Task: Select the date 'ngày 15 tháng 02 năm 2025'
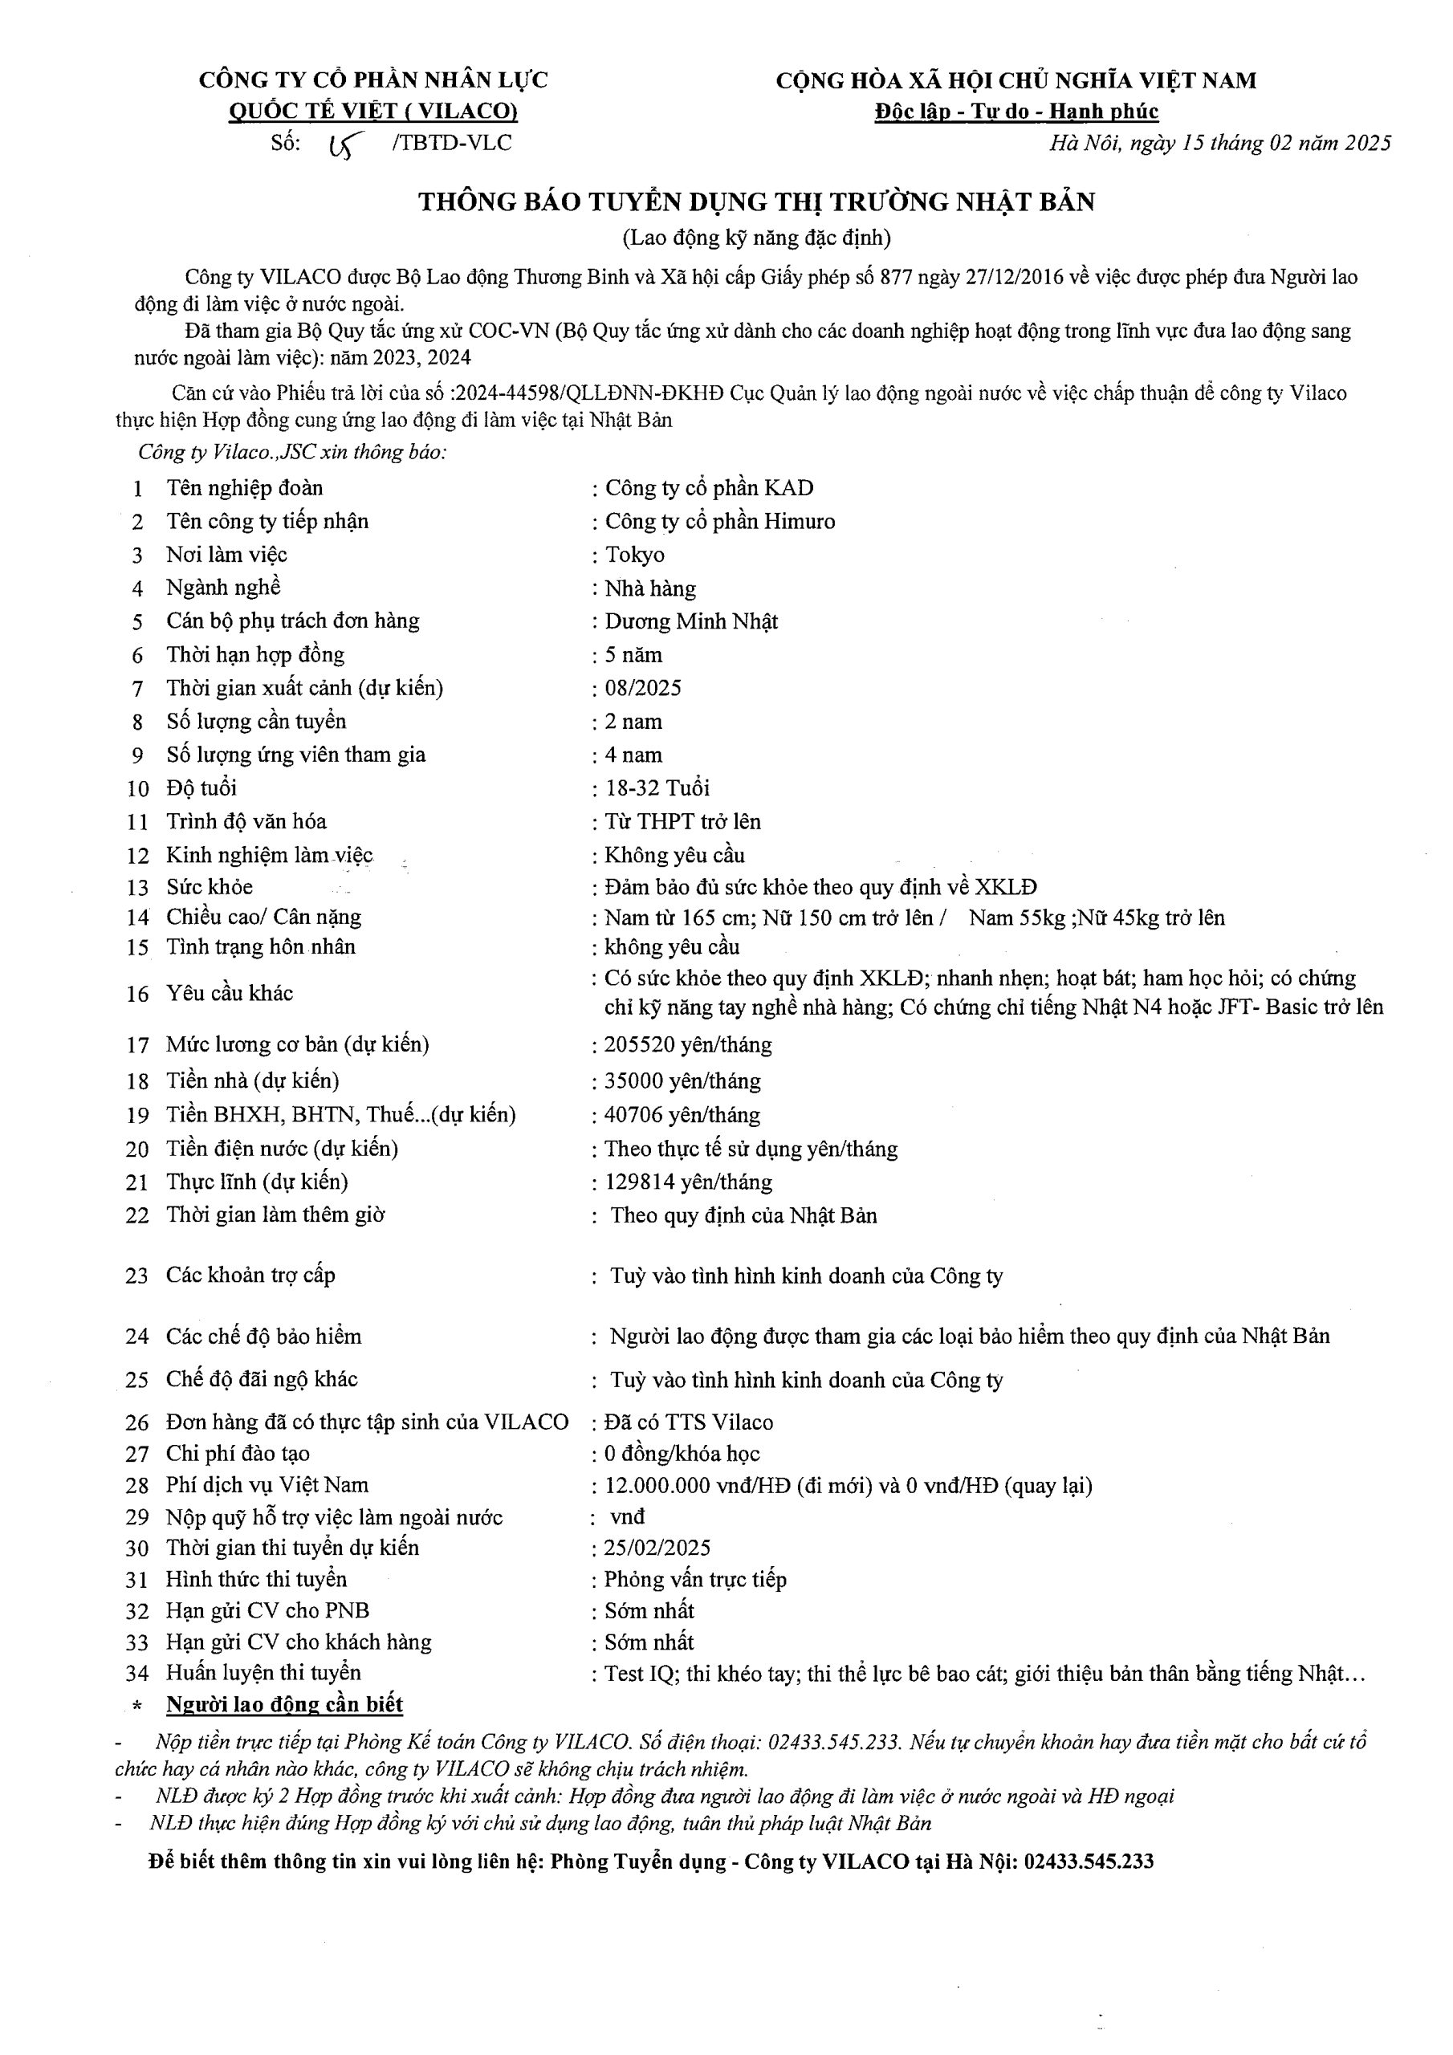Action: (x=1260, y=143)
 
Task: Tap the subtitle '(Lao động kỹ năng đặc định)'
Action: (x=756, y=238)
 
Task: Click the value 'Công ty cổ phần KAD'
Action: (x=709, y=489)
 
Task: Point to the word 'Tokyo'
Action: (x=635, y=555)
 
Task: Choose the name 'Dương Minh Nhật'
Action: (x=691, y=622)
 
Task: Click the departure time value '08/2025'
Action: (x=643, y=688)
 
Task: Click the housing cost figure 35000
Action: (x=633, y=1081)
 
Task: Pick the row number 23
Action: (x=136, y=1276)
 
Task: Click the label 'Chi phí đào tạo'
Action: (x=238, y=1455)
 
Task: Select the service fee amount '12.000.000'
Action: (x=658, y=1486)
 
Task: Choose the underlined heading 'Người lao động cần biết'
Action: (x=285, y=1704)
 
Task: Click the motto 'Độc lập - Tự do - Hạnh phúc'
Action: (x=1016, y=112)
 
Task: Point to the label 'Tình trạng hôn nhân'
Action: (x=261, y=947)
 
